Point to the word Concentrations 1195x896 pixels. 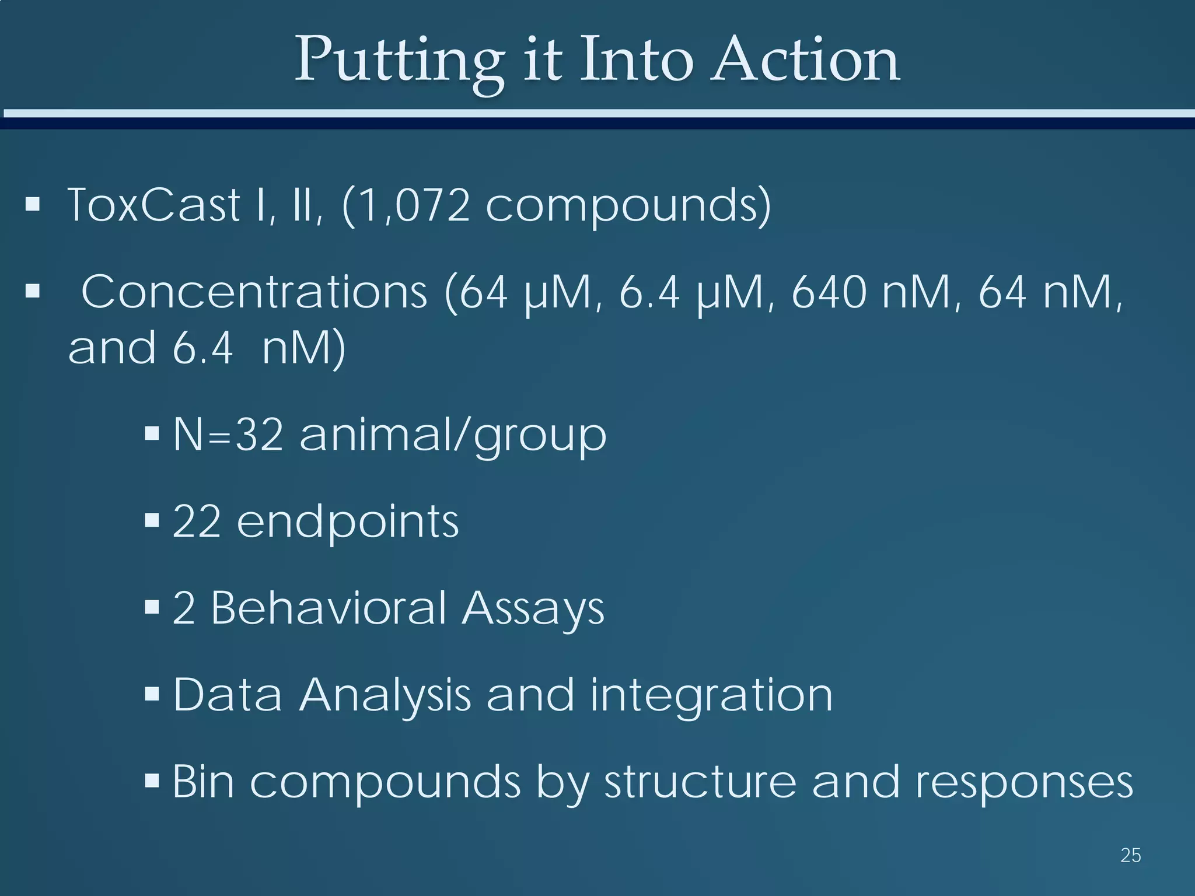[x=254, y=292]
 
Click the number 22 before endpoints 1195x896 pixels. [x=197, y=521]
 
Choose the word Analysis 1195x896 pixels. [x=385, y=695]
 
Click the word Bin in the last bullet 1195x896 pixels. [x=203, y=781]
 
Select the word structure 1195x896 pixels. [x=700, y=782]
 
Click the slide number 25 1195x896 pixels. [x=1130, y=856]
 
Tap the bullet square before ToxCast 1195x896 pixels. [x=33, y=205]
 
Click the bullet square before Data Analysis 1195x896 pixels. [x=152, y=694]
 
